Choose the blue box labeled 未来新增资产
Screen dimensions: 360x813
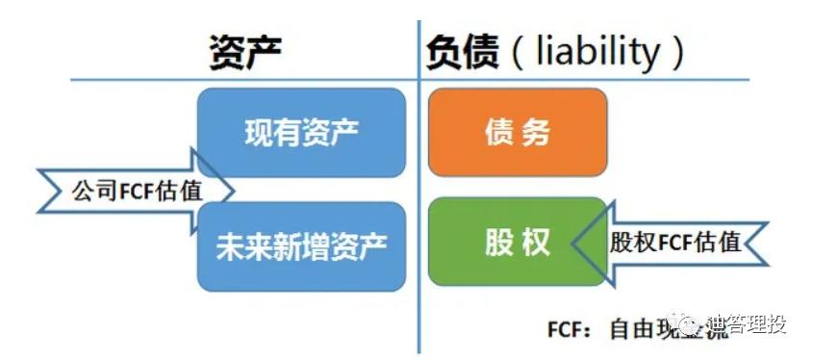[301, 244]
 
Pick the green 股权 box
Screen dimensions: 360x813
[518, 242]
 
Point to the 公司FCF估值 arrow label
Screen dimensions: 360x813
[137, 189]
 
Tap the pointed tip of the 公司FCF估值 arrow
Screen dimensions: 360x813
[233, 189]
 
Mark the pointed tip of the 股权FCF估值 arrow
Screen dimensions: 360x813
[573, 242]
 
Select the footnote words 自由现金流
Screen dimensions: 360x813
[654, 327]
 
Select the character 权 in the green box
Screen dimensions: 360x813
[537, 242]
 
